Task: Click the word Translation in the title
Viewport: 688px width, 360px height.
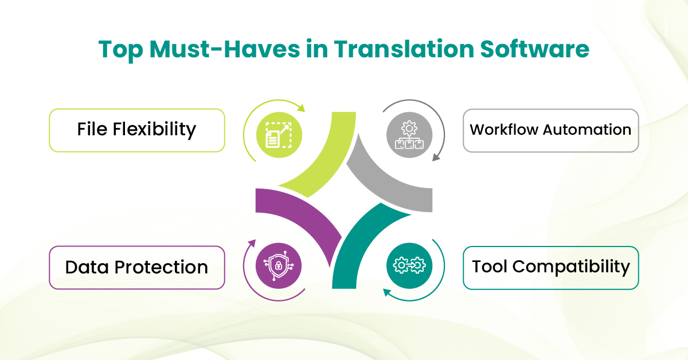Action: (x=404, y=49)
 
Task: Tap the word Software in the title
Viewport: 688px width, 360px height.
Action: (x=535, y=49)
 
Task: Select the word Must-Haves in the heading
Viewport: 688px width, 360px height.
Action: (x=225, y=49)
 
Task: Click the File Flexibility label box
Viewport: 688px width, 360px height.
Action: (x=137, y=130)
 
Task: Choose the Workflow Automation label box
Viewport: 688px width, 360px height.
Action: (x=551, y=130)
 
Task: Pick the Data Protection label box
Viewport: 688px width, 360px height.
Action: (x=137, y=268)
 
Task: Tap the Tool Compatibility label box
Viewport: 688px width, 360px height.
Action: (x=551, y=268)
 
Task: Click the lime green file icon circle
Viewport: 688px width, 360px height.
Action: (x=279, y=135)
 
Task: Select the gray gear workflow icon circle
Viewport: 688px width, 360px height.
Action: (x=409, y=135)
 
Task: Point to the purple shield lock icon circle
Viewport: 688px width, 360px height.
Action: (x=279, y=265)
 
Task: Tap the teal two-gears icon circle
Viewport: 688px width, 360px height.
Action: (x=409, y=265)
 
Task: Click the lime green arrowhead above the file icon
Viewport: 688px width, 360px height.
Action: (x=302, y=108)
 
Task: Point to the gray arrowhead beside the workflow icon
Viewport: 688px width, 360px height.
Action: (x=436, y=157)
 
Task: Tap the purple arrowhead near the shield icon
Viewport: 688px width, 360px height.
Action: (x=252, y=243)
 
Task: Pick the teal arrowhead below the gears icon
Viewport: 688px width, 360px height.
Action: (x=387, y=292)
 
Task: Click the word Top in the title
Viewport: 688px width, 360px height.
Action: (x=121, y=50)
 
